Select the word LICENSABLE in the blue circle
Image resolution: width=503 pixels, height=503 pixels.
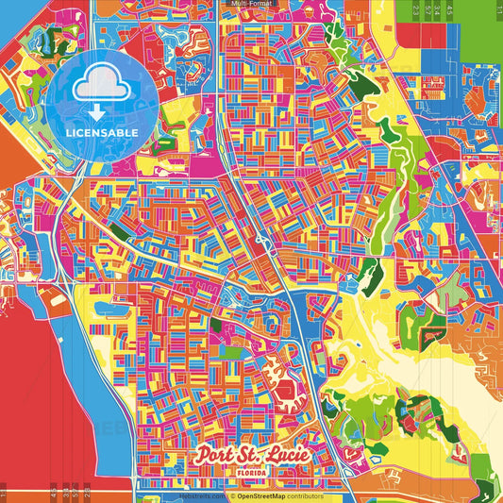pyautogui.click(x=101, y=133)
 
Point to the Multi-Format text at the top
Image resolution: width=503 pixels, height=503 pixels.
pyautogui.click(x=251, y=5)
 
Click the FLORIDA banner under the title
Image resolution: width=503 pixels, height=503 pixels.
pyautogui.click(x=252, y=471)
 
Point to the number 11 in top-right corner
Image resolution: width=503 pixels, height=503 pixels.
pyautogui.click(x=497, y=8)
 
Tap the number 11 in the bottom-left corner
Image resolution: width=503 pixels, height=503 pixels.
pyautogui.click(x=4, y=493)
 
